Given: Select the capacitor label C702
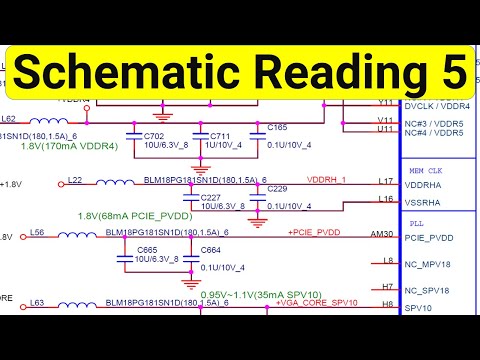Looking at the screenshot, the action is coord(153,134).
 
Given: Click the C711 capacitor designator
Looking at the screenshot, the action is coord(218,134).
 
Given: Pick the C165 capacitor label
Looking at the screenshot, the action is coord(277,128).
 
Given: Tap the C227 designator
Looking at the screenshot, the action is coord(210,197).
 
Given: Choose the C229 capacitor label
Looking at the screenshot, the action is coord(277,189).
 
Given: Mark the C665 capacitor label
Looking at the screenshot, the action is coord(148,249).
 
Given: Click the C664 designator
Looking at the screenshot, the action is coord(210,249).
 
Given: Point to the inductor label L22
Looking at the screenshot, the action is coord(74,179).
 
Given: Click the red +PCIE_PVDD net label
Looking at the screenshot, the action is coord(316,232).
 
